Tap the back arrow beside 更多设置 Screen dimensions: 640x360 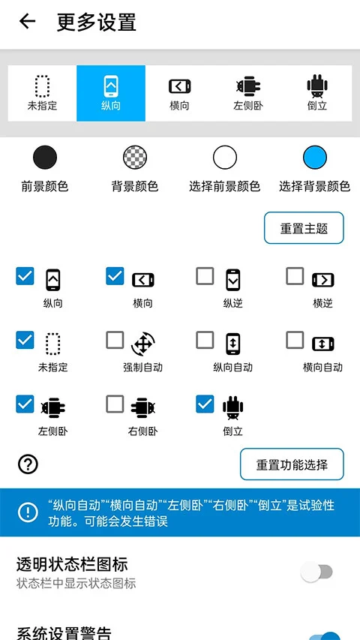[27, 22]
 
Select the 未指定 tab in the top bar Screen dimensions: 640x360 [42, 93]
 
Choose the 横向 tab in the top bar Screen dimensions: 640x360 [180, 93]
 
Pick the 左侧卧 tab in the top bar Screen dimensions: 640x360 [248, 93]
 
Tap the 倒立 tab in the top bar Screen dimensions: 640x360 [317, 93]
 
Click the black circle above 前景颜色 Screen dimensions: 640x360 [45, 158]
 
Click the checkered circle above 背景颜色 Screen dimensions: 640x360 [135, 158]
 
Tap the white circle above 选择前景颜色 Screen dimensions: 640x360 [224, 158]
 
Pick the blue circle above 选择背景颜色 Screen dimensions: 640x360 [315, 158]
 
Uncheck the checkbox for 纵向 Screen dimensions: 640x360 [25, 277]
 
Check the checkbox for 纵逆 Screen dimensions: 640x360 [205, 277]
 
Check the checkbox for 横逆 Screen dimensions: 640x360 [295, 277]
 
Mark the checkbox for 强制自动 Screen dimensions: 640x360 [115, 341]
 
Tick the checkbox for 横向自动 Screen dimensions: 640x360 [295, 341]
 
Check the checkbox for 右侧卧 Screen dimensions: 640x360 [115, 405]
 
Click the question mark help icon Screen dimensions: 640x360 [28, 464]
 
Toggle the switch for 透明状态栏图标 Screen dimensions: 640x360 [316, 572]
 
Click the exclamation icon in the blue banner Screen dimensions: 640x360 [28, 512]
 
